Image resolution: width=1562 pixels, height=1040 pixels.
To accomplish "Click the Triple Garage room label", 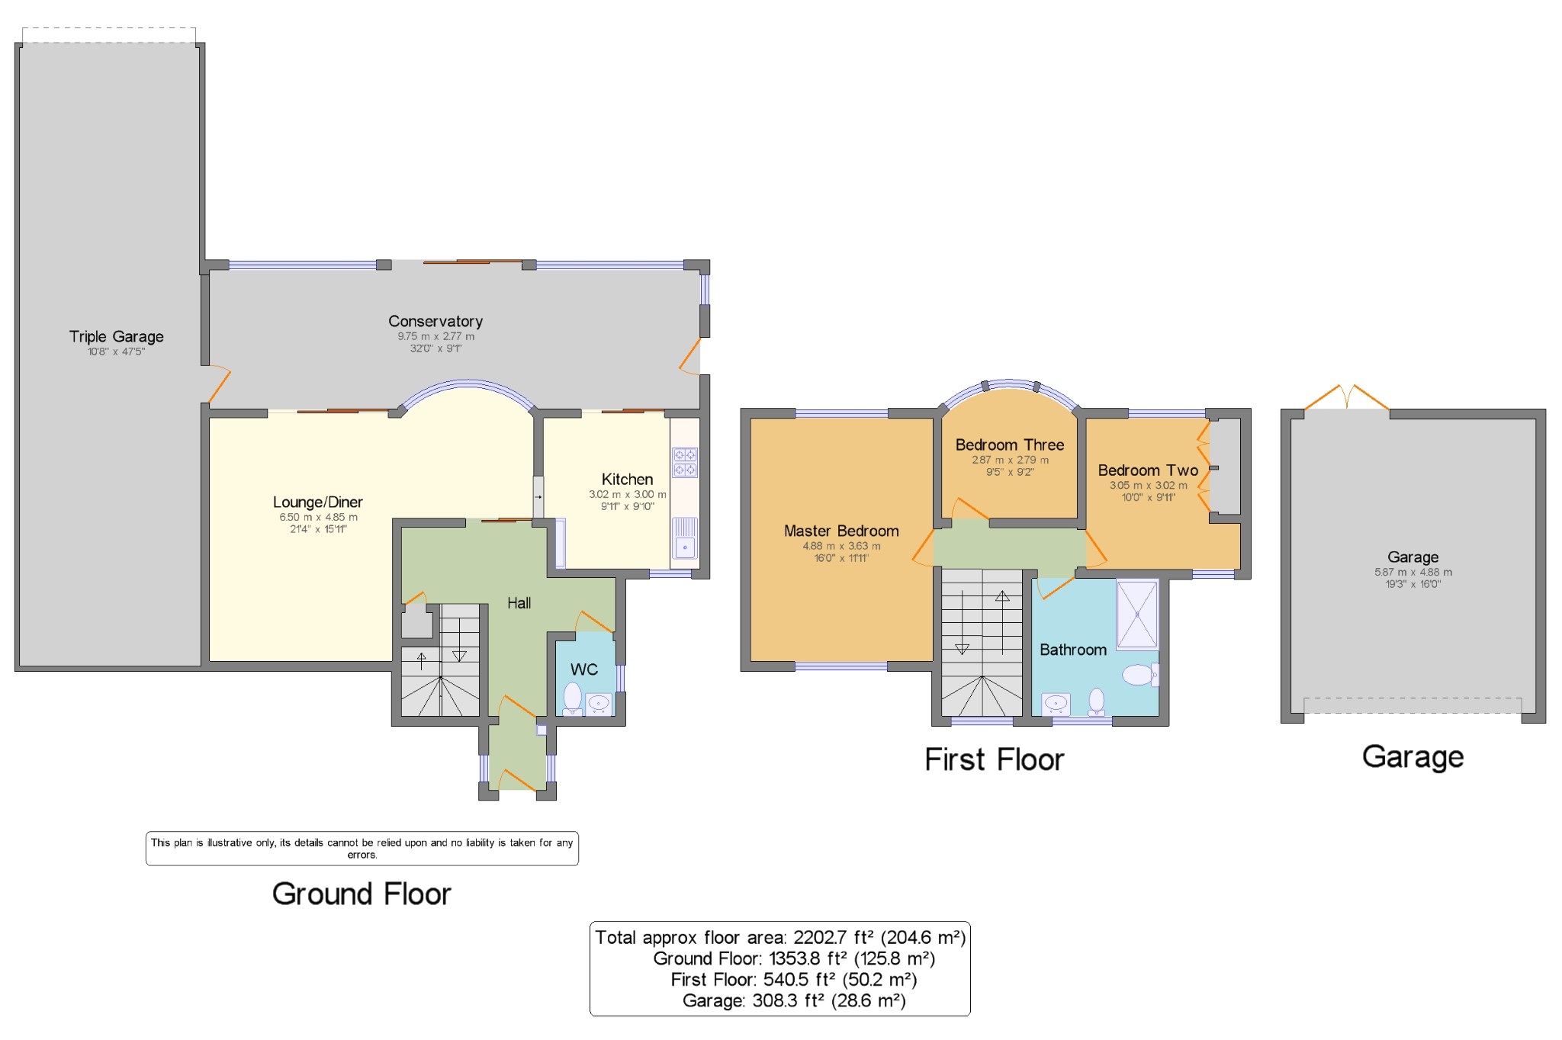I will coord(116,336).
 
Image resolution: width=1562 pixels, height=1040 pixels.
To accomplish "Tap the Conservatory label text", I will coord(435,321).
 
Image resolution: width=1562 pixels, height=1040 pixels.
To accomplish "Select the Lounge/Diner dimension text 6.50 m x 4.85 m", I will coord(318,517).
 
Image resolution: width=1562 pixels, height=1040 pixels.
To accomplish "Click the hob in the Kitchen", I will coord(684,462).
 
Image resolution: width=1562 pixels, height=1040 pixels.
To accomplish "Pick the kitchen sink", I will coord(684,538).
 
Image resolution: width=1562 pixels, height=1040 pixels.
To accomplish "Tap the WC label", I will coord(583,669).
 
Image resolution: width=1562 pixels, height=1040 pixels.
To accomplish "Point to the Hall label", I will coord(519,603).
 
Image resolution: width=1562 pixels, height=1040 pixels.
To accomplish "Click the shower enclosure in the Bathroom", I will coord(1136,615).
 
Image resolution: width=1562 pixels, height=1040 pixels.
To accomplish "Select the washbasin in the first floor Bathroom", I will coord(1056,703).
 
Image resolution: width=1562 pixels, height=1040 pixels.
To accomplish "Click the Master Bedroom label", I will coord(840,531).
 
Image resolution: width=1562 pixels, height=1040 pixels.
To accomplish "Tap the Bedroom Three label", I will coord(1009,445).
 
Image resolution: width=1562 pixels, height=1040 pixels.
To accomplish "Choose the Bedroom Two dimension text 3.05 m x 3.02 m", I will coord(1147,485).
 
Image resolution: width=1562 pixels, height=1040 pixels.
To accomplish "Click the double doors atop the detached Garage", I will coord(1347,397).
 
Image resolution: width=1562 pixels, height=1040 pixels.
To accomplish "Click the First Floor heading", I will coord(993,759).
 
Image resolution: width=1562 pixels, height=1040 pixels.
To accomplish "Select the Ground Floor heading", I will coord(362,894).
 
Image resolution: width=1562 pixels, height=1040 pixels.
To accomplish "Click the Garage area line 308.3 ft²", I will coord(793,1001).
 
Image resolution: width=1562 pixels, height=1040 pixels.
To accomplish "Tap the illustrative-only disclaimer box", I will coord(362,848).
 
